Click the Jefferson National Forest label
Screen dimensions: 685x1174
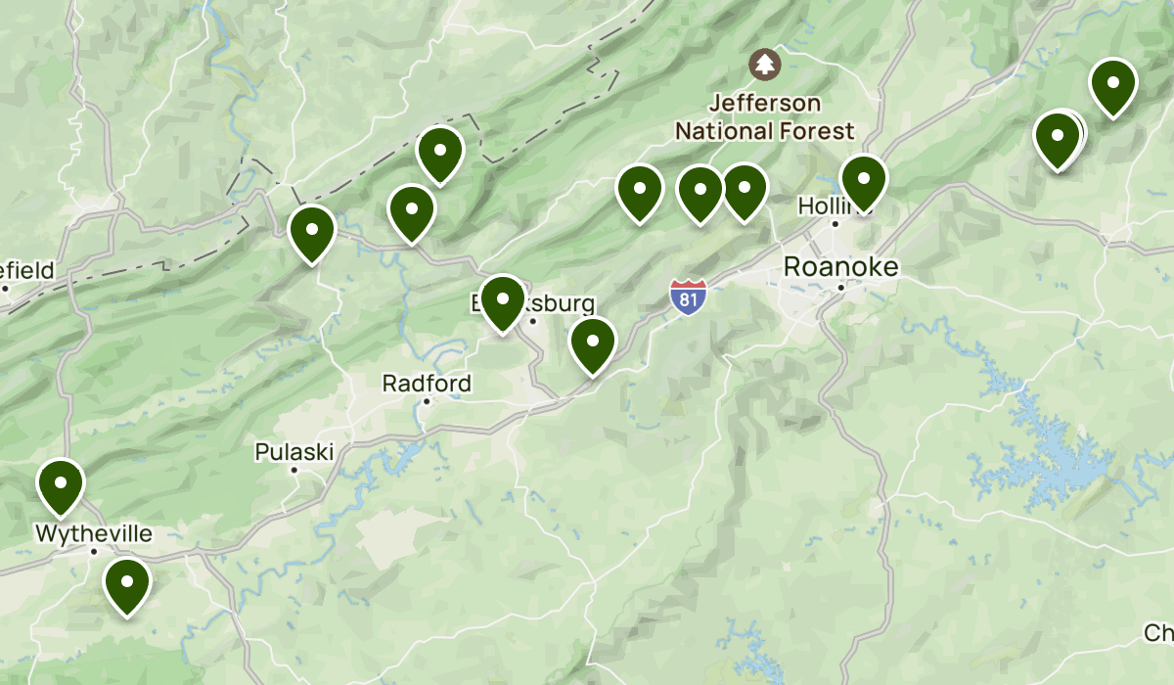coord(764,116)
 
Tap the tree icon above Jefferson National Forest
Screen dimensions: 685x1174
coord(764,66)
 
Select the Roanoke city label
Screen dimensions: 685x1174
coord(841,267)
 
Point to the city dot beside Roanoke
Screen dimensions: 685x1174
coord(841,288)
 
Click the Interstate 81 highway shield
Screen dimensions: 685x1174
coord(689,297)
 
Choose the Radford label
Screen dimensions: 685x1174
coord(427,383)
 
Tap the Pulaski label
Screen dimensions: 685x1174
coord(294,452)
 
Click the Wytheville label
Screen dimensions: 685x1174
coord(94,534)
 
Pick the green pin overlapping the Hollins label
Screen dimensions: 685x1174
coord(863,182)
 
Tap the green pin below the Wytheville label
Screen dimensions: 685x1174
coord(126,585)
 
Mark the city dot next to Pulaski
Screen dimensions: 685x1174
coord(293,471)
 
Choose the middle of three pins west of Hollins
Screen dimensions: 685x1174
coord(700,193)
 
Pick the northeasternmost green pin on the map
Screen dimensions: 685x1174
coord(1111,86)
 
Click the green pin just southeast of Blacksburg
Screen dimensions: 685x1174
coord(592,345)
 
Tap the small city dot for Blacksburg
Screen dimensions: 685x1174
coord(533,320)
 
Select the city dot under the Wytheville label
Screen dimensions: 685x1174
coord(94,552)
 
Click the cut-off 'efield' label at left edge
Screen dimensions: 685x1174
coord(27,270)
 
